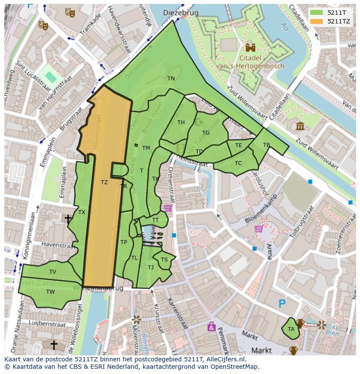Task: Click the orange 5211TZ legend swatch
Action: (x=317, y=21)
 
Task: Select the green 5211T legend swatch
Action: (x=317, y=13)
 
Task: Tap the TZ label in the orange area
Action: (x=104, y=182)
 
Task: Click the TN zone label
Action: (x=171, y=79)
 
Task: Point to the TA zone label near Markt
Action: (x=291, y=329)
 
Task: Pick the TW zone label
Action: (x=50, y=292)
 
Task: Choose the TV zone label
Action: (x=53, y=272)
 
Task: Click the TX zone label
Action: (x=82, y=212)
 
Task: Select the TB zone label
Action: (x=267, y=145)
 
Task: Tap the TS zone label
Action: (x=164, y=260)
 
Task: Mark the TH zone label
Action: (x=181, y=122)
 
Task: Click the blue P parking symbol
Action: (x=282, y=304)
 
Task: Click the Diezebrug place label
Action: (x=180, y=13)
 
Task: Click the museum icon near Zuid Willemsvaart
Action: (x=300, y=126)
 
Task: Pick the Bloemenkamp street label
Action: (x=261, y=212)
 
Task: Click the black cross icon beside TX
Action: (x=68, y=218)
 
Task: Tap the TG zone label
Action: (x=206, y=133)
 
